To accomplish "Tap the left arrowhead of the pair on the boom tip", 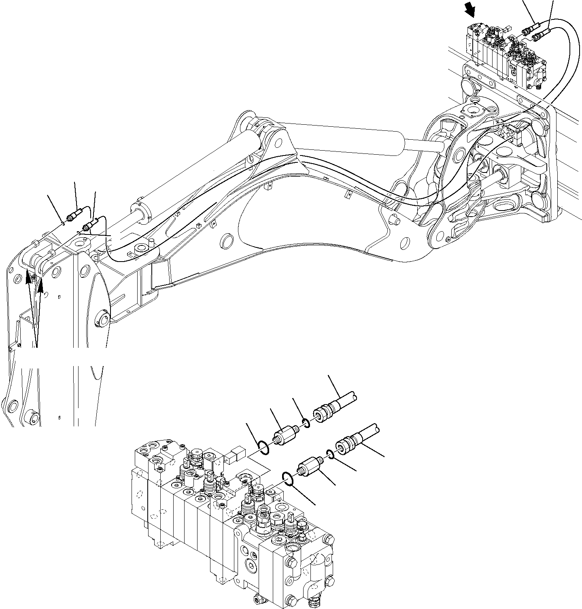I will click(28, 277).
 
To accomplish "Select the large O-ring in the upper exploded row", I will click(262, 448).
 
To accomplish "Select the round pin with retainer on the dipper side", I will click(102, 321).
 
